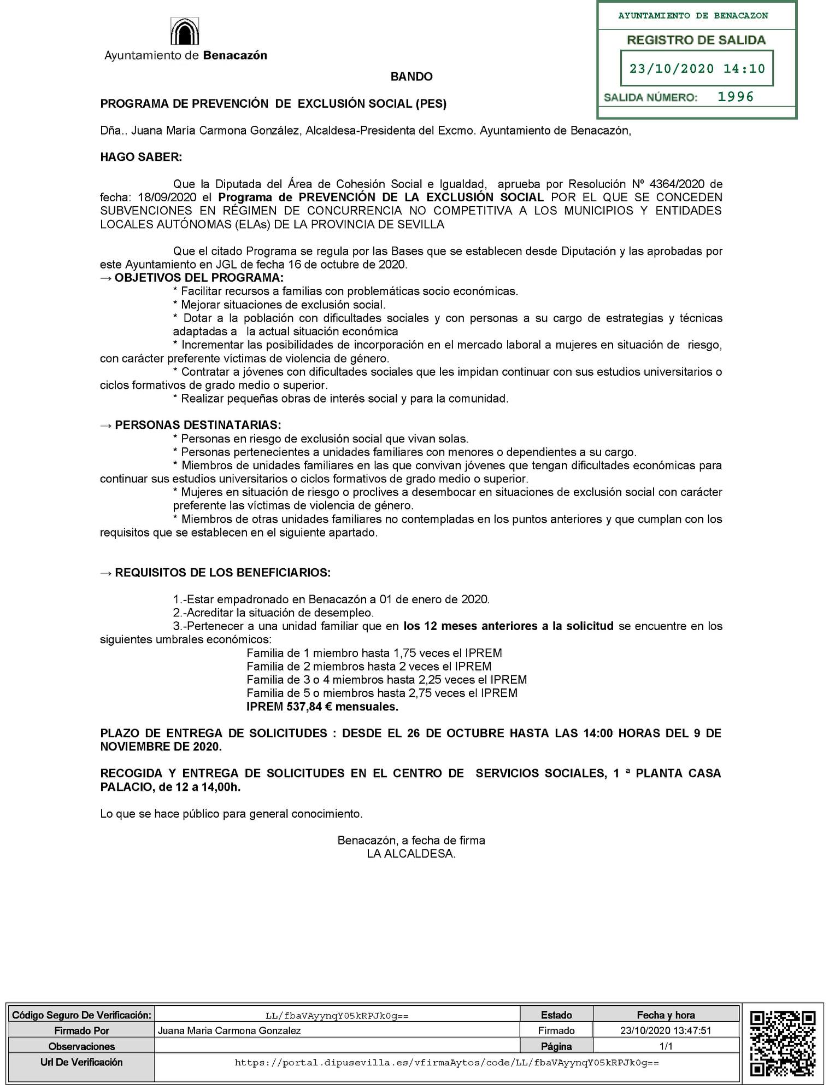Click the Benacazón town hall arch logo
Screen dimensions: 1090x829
click(x=185, y=32)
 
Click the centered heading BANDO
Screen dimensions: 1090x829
click(x=411, y=77)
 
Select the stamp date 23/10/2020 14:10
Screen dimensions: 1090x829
click(x=697, y=69)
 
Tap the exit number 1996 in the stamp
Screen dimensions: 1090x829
click(x=736, y=97)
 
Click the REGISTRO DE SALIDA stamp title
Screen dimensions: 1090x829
click(x=696, y=40)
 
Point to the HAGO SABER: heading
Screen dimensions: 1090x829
click(x=141, y=158)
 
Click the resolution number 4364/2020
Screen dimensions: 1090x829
click(x=677, y=184)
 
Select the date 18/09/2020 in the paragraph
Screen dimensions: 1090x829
click(x=167, y=197)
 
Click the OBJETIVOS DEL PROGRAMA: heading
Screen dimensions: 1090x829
click(x=199, y=278)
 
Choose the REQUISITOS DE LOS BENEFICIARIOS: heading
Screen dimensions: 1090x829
click(x=222, y=573)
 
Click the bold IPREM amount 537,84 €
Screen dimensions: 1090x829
click(x=309, y=707)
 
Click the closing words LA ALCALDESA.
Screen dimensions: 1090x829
click(x=411, y=854)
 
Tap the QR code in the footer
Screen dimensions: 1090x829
click(x=783, y=1044)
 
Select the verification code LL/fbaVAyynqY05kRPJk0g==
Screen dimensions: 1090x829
click(x=337, y=1016)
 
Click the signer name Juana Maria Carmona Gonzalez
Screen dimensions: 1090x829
click(x=229, y=1031)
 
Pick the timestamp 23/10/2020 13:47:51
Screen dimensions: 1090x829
click(x=665, y=1031)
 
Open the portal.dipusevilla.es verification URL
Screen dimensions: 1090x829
click(x=446, y=1063)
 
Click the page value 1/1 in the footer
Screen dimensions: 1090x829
click(x=666, y=1047)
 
